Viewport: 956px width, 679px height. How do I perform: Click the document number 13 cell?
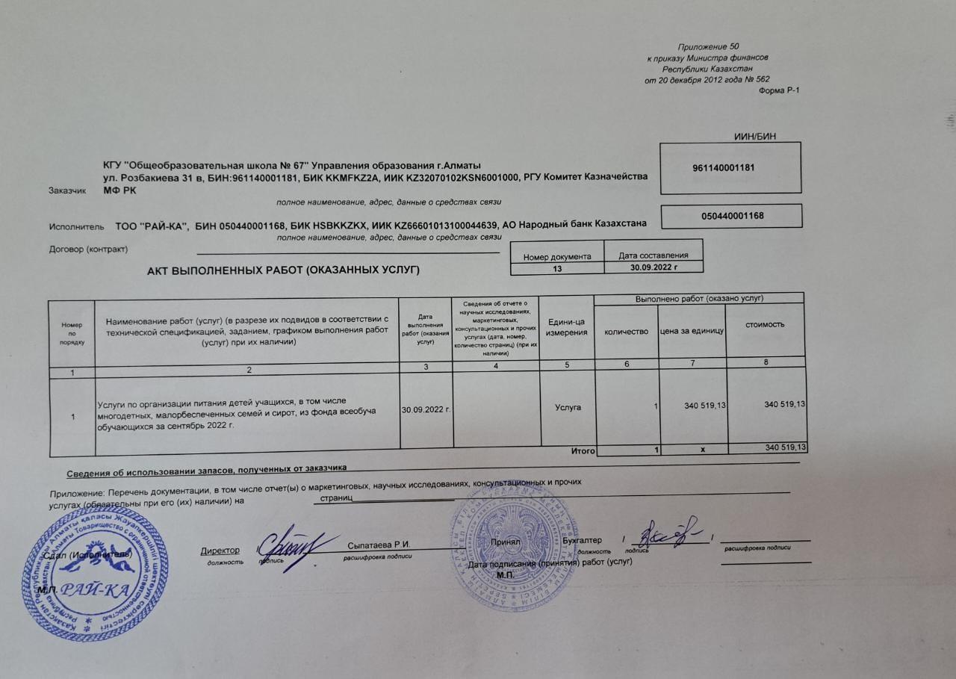pyautogui.click(x=557, y=267)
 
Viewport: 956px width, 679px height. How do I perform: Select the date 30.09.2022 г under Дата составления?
pyautogui.click(x=654, y=267)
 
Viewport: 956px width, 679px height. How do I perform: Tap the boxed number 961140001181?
pyautogui.click(x=729, y=168)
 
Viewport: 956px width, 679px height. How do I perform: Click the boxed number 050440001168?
pyautogui.click(x=732, y=216)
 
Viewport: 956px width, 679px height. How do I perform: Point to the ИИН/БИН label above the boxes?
pyautogui.click(x=756, y=136)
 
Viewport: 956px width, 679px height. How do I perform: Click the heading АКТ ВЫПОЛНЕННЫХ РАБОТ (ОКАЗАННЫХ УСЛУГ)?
pyautogui.click(x=284, y=270)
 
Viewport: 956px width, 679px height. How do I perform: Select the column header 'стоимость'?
pyautogui.click(x=765, y=324)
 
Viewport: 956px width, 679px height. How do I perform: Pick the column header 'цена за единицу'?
pyautogui.click(x=692, y=331)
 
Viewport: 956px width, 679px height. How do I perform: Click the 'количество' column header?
pyautogui.click(x=626, y=332)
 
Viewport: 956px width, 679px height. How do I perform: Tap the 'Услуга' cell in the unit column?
pyautogui.click(x=568, y=407)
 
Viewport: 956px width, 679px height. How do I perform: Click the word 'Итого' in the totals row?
pyautogui.click(x=583, y=451)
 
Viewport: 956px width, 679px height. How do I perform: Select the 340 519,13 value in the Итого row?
pyautogui.click(x=786, y=447)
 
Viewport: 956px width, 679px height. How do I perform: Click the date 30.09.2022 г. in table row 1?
pyautogui.click(x=426, y=409)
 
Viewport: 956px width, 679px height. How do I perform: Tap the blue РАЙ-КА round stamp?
pyautogui.click(x=94, y=574)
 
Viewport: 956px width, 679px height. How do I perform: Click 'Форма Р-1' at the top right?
pyautogui.click(x=778, y=90)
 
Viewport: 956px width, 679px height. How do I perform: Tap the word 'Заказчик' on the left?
pyautogui.click(x=66, y=190)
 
